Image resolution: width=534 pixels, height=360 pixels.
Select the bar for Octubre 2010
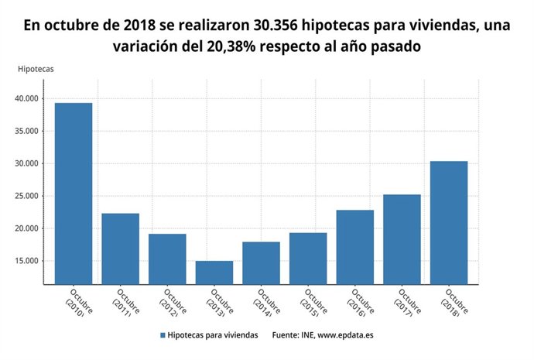pos(74,194)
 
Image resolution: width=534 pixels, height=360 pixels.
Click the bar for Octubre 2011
pos(121,249)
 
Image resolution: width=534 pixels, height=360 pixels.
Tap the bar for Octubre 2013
pos(214,273)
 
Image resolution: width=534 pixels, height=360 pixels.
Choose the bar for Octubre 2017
pos(402,239)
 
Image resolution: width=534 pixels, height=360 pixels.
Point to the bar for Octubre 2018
pos(449,222)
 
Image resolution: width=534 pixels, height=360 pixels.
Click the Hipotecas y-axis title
pos(36,69)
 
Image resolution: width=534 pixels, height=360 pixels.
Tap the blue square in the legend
pos(163,336)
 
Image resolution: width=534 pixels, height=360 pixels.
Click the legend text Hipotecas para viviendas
pos(214,336)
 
